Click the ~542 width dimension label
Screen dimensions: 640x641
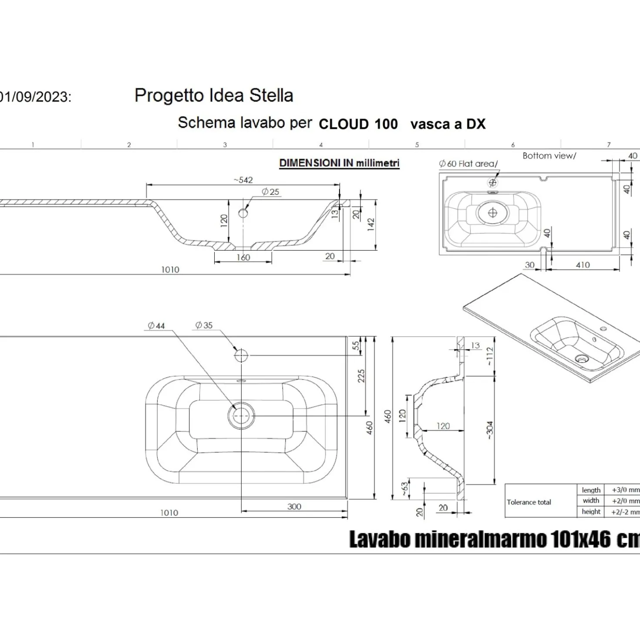click(x=243, y=180)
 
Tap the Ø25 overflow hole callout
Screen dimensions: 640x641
click(x=270, y=192)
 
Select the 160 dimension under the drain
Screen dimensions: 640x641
click(x=243, y=258)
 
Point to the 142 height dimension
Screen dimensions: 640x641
click(x=371, y=224)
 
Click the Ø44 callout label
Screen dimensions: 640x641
click(x=156, y=326)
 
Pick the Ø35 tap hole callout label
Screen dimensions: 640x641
click(x=204, y=325)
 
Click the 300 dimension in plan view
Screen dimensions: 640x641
click(x=294, y=506)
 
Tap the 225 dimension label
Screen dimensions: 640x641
click(x=361, y=376)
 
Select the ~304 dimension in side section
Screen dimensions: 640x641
click(x=490, y=430)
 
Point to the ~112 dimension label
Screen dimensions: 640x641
click(x=490, y=356)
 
